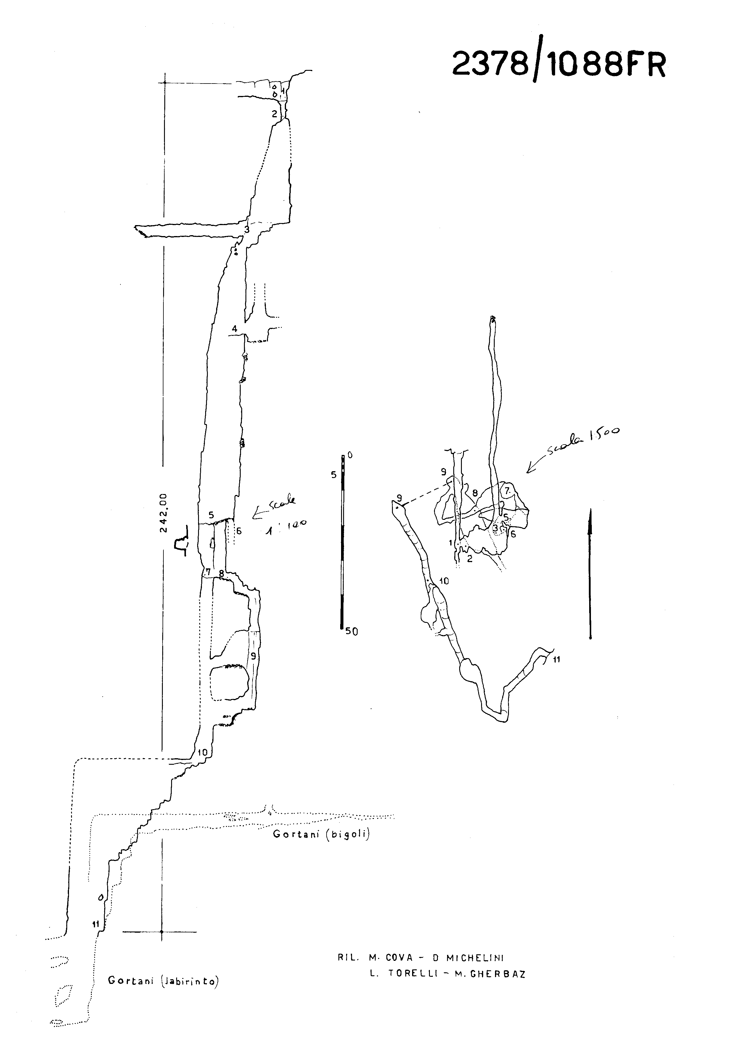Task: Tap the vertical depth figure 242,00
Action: [x=164, y=513]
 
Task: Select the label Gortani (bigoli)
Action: [x=321, y=834]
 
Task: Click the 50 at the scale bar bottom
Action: [x=351, y=631]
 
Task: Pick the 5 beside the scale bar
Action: [x=334, y=474]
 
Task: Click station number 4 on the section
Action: [x=234, y=328]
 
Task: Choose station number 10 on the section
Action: [x=202, y=753]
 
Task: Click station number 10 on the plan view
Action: [x=444, y=581]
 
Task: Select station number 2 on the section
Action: [x=274, y=114]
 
